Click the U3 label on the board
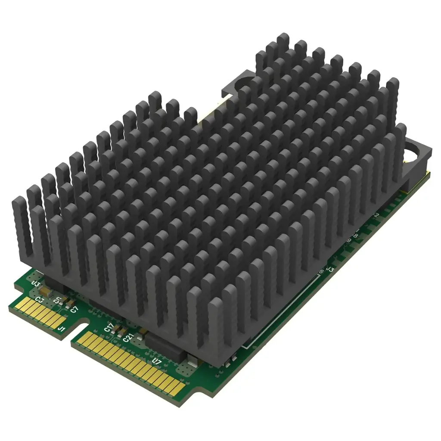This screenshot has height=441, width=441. point(36,284)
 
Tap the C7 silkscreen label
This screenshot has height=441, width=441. point(74,309)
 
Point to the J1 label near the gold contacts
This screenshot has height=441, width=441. point(62,329)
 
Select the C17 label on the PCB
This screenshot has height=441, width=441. point(109,327)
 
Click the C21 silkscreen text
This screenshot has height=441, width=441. point(127,338)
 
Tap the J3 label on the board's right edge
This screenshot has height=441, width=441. point(331,269)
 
